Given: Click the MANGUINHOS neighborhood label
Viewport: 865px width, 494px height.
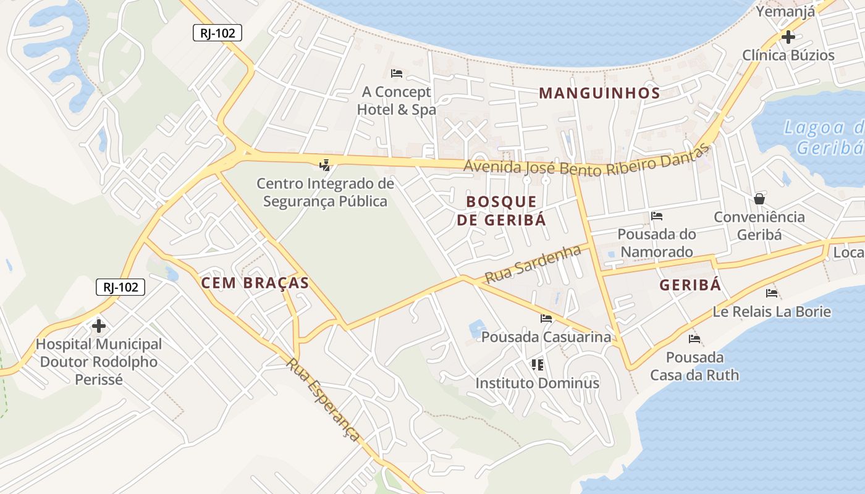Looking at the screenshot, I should [599, 93].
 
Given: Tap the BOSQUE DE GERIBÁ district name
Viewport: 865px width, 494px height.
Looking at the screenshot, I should [502, 211].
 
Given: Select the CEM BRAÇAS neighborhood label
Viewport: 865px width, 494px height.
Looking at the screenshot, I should [255, 283].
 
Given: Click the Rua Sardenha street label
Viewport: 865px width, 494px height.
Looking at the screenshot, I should [533, 264].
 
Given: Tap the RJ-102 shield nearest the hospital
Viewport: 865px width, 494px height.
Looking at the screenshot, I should [120, 287].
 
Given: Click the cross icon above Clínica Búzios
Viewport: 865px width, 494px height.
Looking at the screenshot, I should [788, 36].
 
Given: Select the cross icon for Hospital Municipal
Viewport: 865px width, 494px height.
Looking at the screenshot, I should [98, 325].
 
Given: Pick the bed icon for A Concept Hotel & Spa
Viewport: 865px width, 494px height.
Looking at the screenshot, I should [397, 73].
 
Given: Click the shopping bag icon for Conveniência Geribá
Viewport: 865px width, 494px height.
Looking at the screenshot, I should [759, 198].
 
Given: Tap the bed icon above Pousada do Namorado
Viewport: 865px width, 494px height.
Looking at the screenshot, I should [657, 216].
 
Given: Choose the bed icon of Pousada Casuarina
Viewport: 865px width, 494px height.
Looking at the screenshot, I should [546, 319].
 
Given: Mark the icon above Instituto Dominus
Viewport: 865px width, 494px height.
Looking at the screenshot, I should [538, 364].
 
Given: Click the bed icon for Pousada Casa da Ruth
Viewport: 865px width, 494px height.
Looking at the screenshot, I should [694, 338].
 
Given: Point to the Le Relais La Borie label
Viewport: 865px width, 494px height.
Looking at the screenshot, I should [772, 311].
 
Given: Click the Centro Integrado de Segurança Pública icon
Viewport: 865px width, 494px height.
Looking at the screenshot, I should [325, 165].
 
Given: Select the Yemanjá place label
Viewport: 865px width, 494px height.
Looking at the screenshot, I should [785, 11].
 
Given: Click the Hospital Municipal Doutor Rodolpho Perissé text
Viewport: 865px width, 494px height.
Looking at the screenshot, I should [99, 362].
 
